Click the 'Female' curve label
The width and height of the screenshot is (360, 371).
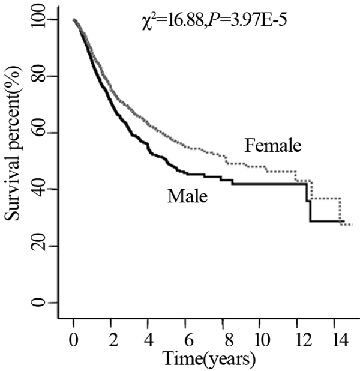click(x=272, y=145)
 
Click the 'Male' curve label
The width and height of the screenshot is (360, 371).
click(x=187, y=196)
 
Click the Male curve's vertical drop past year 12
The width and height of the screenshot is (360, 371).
click(x=310, y=211)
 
